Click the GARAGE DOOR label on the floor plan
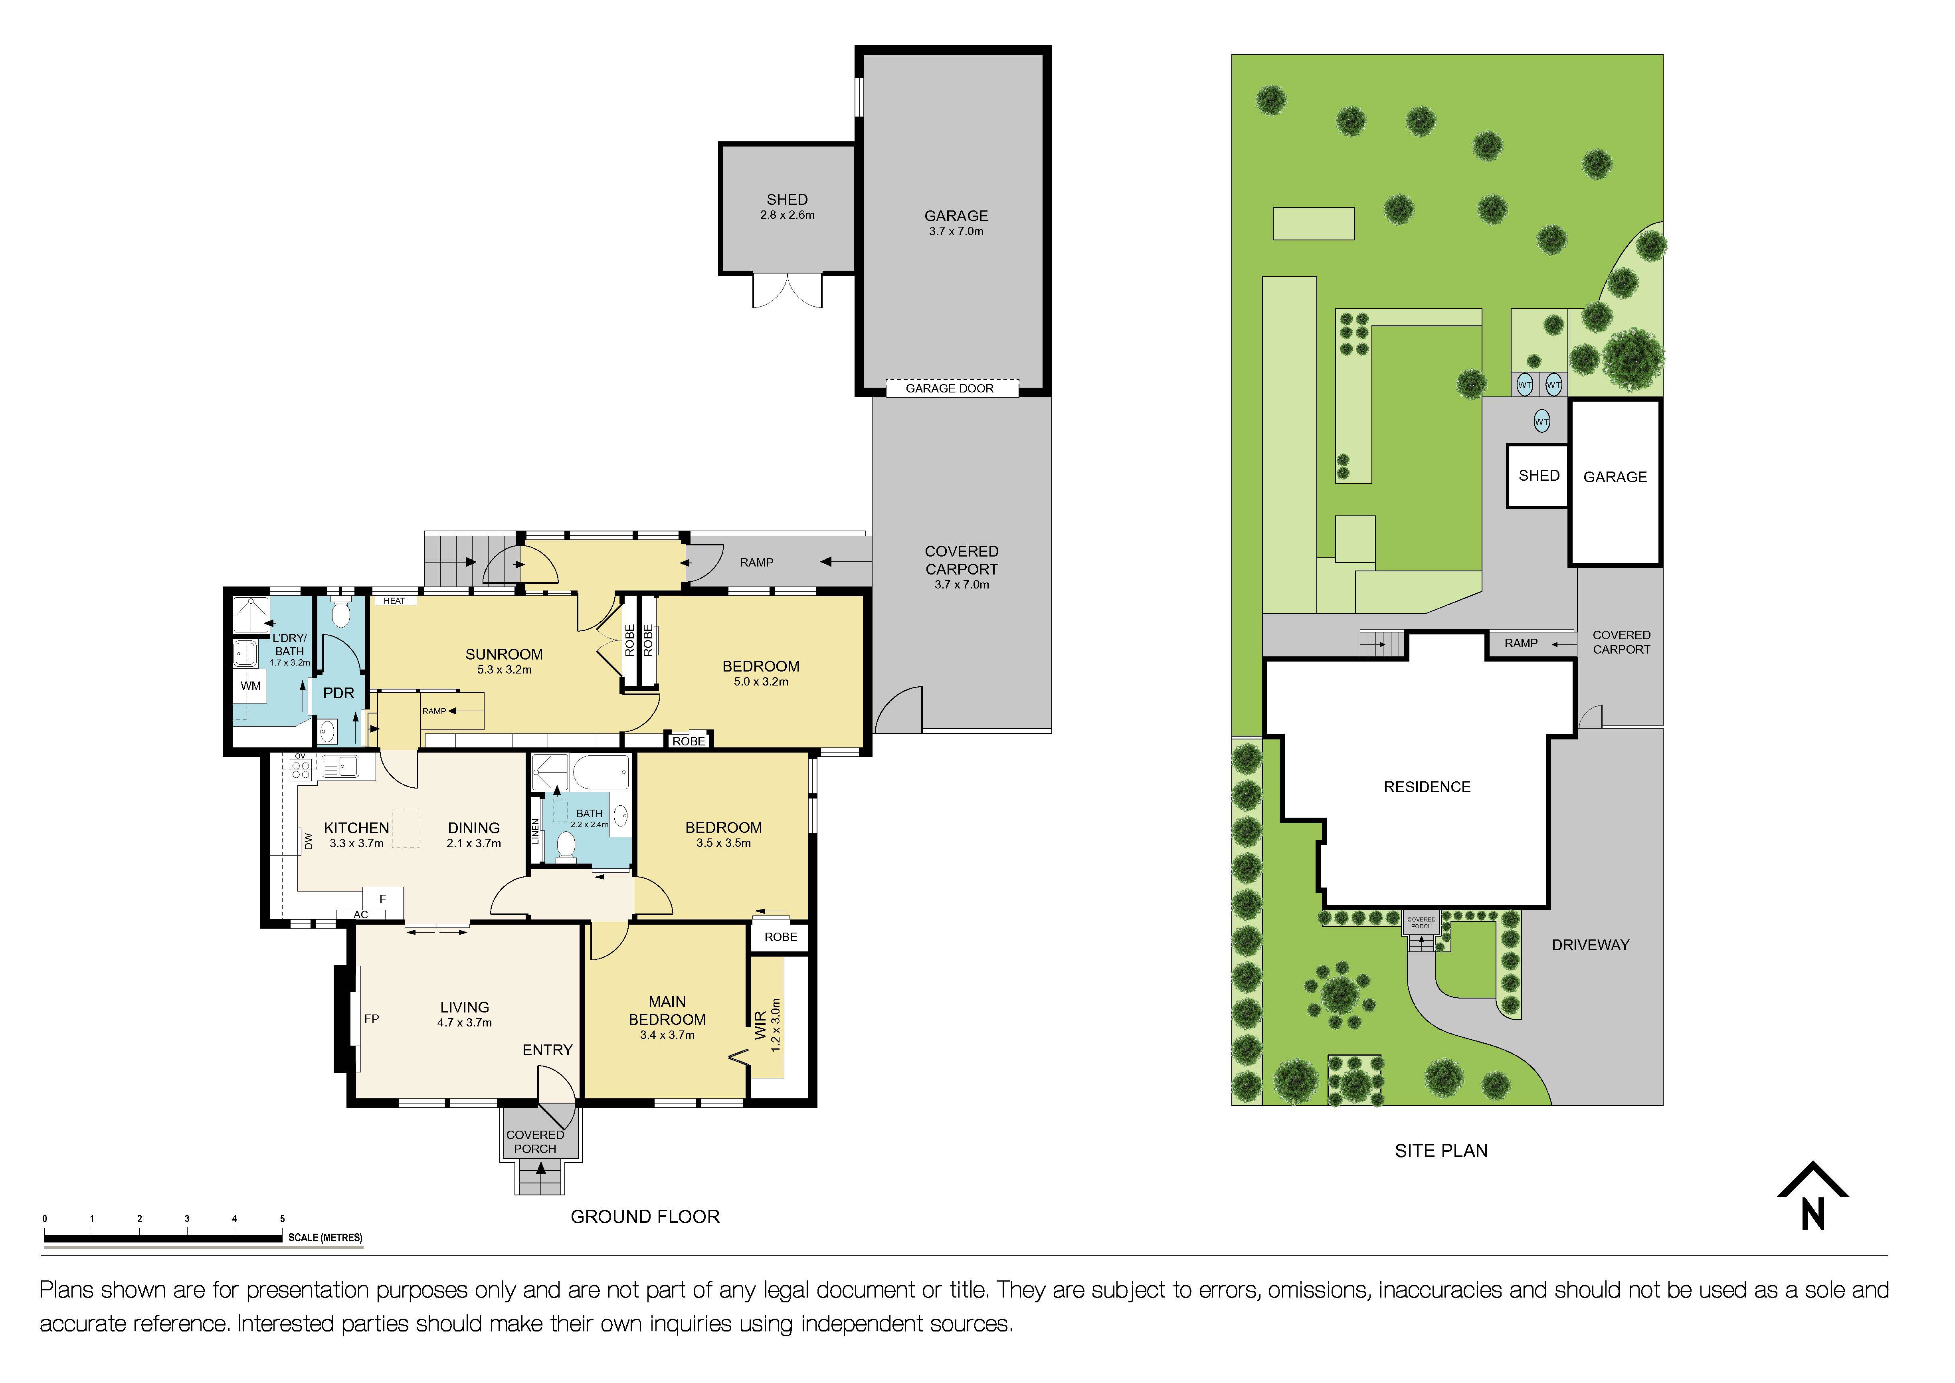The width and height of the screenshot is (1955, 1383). (950, 388)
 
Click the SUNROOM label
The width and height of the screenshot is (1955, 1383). (504, 654)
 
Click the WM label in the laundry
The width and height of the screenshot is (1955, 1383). (250, 686)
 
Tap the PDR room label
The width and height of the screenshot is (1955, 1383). (338, 693)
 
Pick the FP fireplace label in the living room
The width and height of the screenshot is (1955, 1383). (371, 1018)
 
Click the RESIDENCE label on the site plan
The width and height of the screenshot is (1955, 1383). (1427, 787)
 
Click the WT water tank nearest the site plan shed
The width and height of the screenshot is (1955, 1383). (1541, 422)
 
